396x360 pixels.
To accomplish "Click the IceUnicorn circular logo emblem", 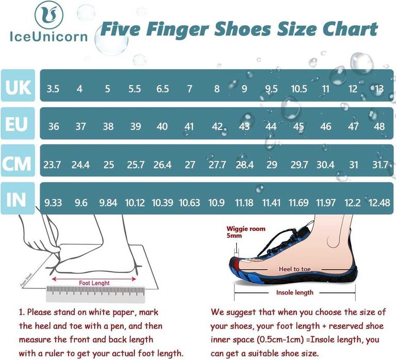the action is (x=49, y=14).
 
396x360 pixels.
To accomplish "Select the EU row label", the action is (x=18, y=124).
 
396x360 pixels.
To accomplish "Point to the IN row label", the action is (x=18, y=199).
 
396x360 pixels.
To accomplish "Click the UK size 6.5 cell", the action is (x=162, y=89).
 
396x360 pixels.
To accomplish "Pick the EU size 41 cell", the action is (x=189, y=126).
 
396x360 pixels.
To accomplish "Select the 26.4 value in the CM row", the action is (x=162, y=165).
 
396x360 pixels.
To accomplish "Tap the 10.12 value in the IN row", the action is (x=135, y=203).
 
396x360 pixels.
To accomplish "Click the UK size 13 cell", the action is (x=379, y=89).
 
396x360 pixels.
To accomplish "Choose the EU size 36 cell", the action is (x=54, y=126).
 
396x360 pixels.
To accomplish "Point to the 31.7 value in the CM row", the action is (x=380, y=165).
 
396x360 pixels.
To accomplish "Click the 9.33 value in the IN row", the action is (x=53, y=203).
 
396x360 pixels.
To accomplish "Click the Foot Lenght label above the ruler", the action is (x=94, y=283).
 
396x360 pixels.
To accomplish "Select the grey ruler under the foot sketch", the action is (x=95, y=294).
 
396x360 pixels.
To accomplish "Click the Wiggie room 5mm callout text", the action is (x=246, y=232).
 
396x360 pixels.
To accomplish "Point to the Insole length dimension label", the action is (x=295, y=293).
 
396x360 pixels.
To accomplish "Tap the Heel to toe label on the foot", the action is (x=295, y=269).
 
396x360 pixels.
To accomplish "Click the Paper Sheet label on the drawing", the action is (x=26, y=280).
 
